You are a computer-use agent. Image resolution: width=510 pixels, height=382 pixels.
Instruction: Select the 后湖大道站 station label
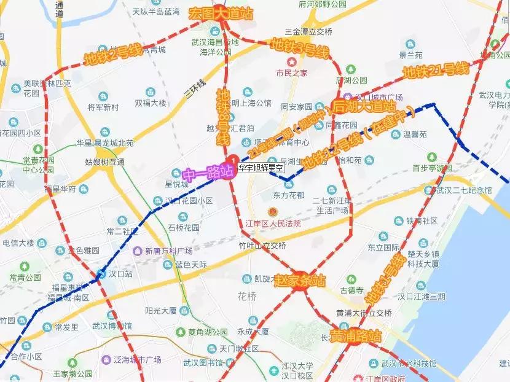364,106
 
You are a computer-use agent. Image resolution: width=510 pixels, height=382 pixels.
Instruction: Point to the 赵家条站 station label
300,281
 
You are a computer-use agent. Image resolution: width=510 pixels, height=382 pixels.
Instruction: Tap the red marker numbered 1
233,159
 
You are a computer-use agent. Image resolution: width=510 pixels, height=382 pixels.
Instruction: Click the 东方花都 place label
288,195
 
